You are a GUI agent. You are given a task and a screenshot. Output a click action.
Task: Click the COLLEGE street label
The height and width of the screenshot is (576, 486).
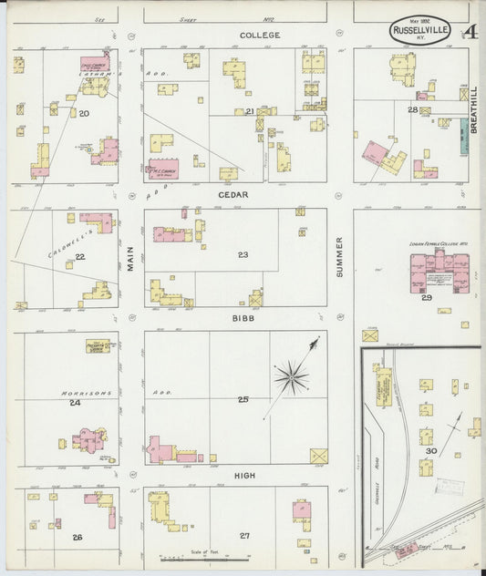click(x=260, y=35)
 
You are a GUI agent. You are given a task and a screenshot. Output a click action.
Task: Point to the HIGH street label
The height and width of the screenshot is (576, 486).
click(x=244, y=476)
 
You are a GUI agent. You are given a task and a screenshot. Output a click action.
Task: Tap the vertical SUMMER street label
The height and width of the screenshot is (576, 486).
click(x=340, y=256)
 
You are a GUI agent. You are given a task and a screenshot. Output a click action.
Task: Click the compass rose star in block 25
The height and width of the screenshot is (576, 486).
click(x=292, y=375)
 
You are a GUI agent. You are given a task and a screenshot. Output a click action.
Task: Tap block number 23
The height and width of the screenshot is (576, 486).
click(x=243, y=255)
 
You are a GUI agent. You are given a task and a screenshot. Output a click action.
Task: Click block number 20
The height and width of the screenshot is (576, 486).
click(x=84, y=114)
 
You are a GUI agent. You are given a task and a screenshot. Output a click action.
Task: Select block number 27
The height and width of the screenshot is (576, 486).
click(x=244, y=536)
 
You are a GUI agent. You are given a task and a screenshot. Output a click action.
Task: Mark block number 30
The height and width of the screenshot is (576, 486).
click(x=431, y=450)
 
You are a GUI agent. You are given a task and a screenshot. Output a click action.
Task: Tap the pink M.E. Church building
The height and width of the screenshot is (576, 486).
click(x=164, y=169)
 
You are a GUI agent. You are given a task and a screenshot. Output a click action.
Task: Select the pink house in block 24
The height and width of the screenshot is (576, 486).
click(x=90, y=441)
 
